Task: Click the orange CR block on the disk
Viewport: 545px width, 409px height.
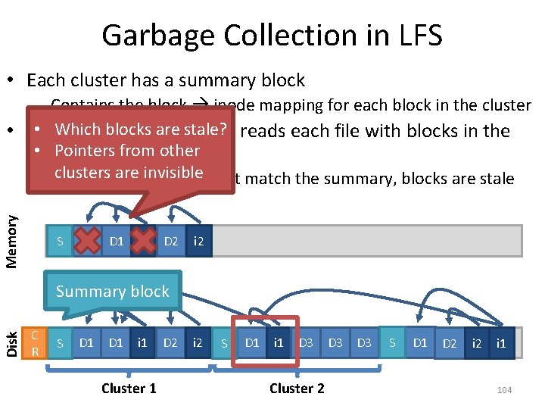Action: coord(34,342)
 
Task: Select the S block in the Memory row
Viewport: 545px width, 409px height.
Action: coord(60,242)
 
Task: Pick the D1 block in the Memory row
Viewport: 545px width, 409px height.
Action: coord(117,242)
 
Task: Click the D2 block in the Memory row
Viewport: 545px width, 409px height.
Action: coord(171,242)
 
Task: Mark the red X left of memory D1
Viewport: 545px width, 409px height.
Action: coord(88,242)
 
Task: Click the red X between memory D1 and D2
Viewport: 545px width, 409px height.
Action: coord(144,242)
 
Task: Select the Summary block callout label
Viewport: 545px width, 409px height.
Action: coord(113,292)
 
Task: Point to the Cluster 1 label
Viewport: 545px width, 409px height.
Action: coord(129,389)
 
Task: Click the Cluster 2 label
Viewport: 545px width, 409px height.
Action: coord(297,389)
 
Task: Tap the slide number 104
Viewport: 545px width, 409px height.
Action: coord(504,389)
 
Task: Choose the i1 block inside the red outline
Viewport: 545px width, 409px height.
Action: coord(279,343)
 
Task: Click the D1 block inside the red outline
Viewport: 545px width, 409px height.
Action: coord(252,343)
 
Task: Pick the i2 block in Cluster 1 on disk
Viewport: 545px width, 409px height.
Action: coord(198,343)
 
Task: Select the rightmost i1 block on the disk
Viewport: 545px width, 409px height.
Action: coord(501,343)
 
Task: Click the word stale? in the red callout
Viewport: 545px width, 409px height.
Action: coord(201,130)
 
